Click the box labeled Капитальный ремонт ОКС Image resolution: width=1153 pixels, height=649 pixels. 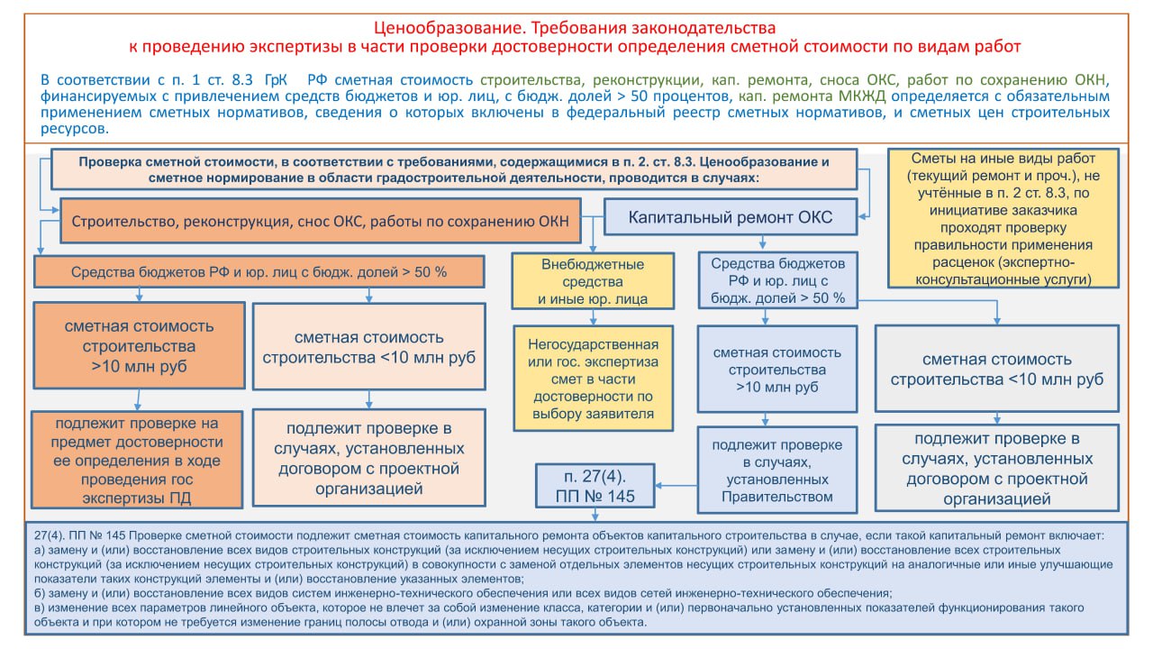click(x=731, y=217)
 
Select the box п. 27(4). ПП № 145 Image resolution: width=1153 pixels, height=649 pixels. click(x=595, y=486)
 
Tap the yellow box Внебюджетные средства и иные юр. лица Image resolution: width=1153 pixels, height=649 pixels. click(x=593, y=281)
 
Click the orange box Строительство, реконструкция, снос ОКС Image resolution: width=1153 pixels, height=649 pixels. click(x=320, y=221)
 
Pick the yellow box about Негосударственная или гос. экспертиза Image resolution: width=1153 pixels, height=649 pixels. click(x=593, y=379)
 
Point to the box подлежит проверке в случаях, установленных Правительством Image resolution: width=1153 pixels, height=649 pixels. click(x=777, y=470)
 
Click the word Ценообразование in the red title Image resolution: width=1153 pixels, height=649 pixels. click(x=447, y=27)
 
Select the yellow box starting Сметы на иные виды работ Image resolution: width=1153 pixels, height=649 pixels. click(x=1003, y=218)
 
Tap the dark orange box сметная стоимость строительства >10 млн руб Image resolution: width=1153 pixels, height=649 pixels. click(x=139, y=345)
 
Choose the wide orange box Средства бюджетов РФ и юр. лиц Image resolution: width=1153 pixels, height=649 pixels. click(x=259, y=272)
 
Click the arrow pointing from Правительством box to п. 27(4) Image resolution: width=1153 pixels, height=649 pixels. click(x=676, y=485)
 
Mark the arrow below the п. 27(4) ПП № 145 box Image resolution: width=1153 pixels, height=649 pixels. click(x=595, y=515)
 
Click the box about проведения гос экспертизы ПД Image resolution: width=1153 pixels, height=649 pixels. click(x=137, y=460)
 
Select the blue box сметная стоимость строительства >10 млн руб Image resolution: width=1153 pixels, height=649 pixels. click(x=777, y=370)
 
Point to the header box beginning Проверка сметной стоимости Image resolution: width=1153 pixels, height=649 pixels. click(x=454, y=169)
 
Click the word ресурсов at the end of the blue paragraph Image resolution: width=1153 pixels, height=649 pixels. click(x=74, y=129)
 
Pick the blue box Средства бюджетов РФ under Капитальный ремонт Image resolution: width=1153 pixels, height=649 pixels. click(x=777, y=280)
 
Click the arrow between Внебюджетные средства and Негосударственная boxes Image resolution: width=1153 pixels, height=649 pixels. click(x=593, y=317)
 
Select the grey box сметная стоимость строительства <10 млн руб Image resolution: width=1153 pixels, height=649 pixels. click(x=997, y=369)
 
